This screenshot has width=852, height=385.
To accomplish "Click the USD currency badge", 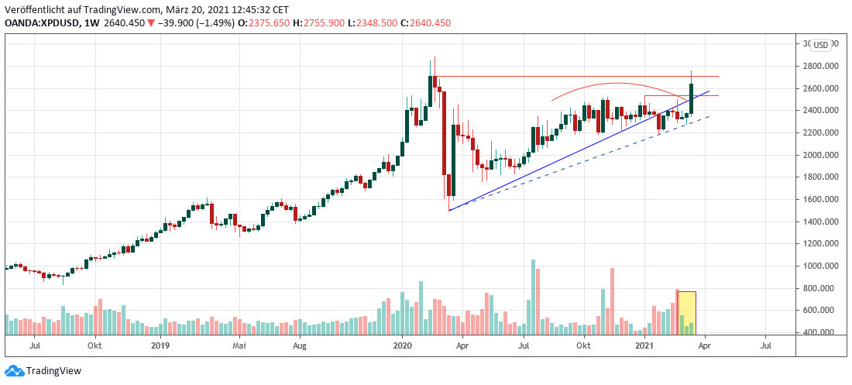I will (820, 44).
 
